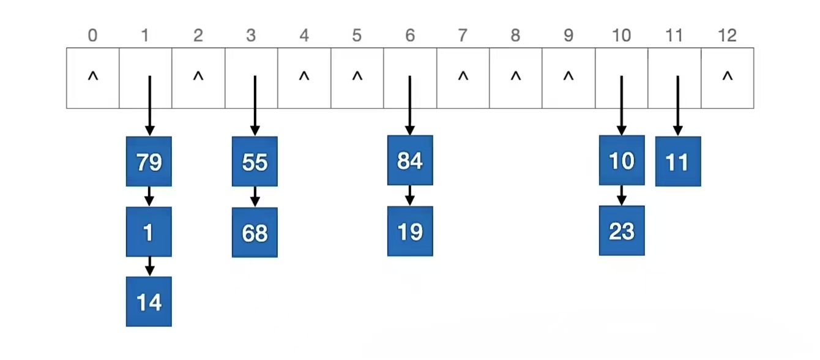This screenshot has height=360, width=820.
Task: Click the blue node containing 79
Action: coord(149,162)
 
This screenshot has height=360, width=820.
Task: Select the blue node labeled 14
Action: coord(149,302)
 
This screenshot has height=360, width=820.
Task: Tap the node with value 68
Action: coord(255,233)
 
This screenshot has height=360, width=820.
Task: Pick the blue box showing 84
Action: coord(410,160)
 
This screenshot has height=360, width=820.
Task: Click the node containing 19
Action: coord(410,231)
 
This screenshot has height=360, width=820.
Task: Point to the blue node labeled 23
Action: coord(622,231)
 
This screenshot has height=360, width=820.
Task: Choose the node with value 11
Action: coord(678,162)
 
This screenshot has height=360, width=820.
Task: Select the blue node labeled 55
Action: coord(255,162)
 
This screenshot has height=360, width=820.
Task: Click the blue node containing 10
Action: coord(622,160)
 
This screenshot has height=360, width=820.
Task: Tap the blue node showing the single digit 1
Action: coord(149,232)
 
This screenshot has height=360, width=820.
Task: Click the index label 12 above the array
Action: coord(727,36)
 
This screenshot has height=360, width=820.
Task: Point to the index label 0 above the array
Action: coord(92,36)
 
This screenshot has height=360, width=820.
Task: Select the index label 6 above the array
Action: coord(410,36)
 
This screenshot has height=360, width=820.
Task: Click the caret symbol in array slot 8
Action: coord(516,77)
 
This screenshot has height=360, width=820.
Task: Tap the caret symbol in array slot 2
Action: coord(198,77)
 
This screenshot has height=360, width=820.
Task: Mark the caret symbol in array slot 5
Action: coord(357,77)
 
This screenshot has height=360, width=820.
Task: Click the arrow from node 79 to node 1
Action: coord(149,197)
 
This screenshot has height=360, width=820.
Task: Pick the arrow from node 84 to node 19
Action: coord(410,196)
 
